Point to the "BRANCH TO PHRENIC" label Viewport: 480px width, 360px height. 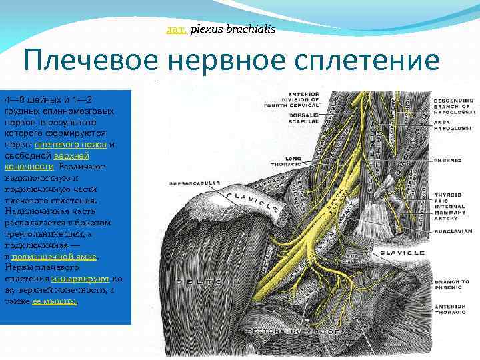tap(451, 285)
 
